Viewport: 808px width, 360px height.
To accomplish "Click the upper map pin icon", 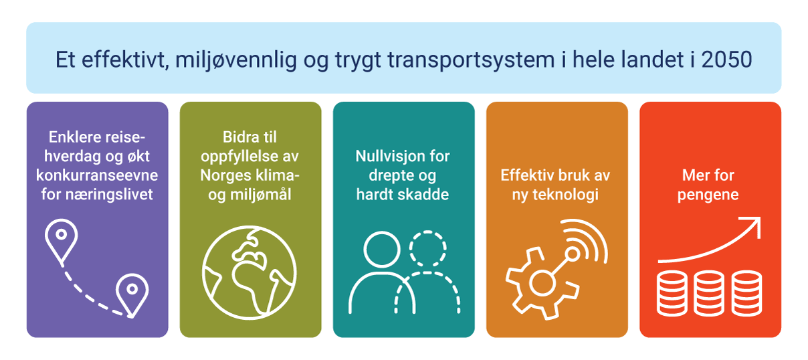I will tap(61, 238).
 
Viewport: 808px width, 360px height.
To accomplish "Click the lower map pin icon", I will tap(132, 292).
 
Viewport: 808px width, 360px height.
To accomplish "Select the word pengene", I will tap(708, 195).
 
